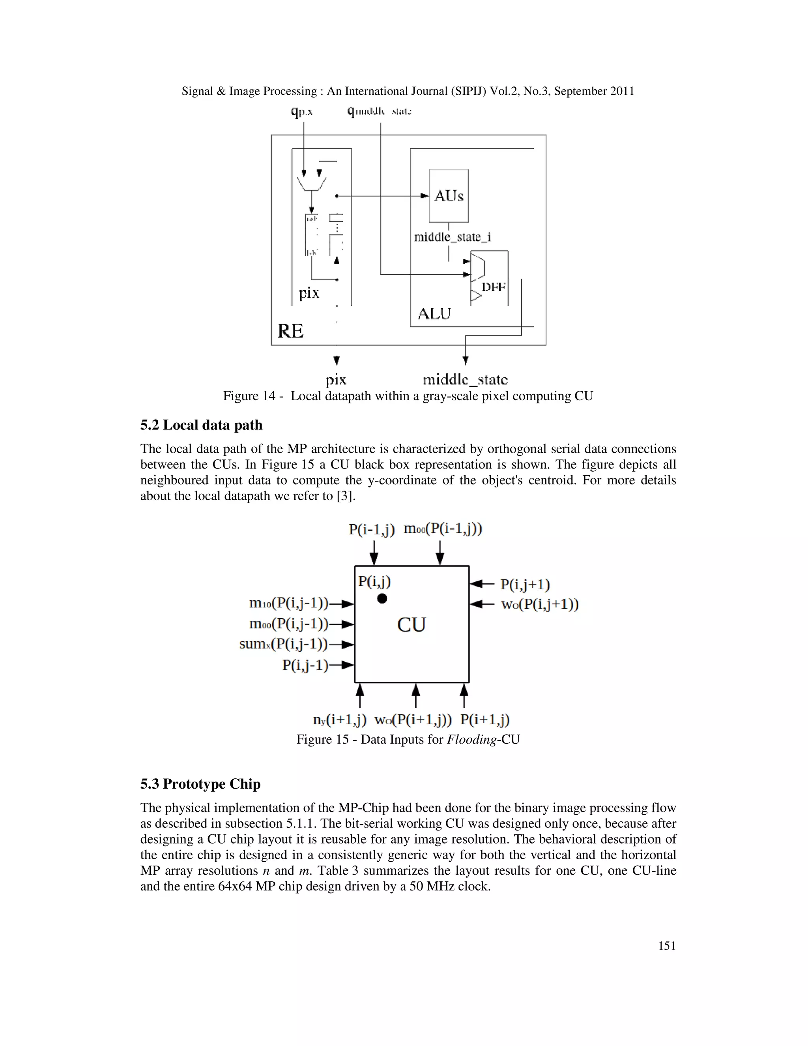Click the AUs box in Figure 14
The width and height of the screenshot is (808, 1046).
tap(449, 196)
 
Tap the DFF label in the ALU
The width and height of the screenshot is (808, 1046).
tap(494, 287)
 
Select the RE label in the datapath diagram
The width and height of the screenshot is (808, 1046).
tap(290, 331)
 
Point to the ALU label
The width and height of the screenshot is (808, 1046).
tap(434, 314)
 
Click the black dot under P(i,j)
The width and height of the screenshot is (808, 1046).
tap(382, 598)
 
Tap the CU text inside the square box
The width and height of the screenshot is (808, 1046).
tap(411, 624)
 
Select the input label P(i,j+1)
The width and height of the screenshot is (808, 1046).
tap(525, 584)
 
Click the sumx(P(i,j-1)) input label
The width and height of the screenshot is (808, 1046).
tap(283, 644)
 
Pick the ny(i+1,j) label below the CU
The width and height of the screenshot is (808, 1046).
tap(340, 719)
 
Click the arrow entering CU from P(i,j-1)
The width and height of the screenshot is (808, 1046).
tap(342, 665)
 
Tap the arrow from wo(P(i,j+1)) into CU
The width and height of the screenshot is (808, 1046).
tap(482, 604)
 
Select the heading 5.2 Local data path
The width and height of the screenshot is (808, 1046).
tap(202, 425)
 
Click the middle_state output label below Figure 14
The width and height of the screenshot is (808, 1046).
tap(465, 379)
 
